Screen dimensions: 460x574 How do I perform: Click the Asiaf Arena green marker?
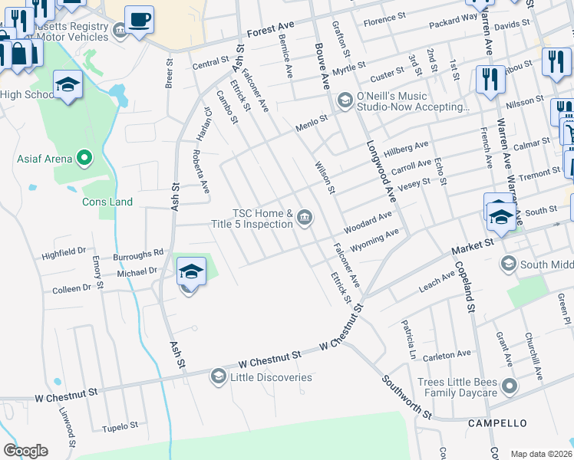86,159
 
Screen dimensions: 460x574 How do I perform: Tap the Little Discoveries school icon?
219,376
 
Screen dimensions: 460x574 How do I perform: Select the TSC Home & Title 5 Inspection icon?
305,219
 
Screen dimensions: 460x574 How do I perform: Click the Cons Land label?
107,202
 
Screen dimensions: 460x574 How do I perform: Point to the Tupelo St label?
120,425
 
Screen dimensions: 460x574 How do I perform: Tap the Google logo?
25,451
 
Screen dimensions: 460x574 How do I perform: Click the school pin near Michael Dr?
191,272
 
